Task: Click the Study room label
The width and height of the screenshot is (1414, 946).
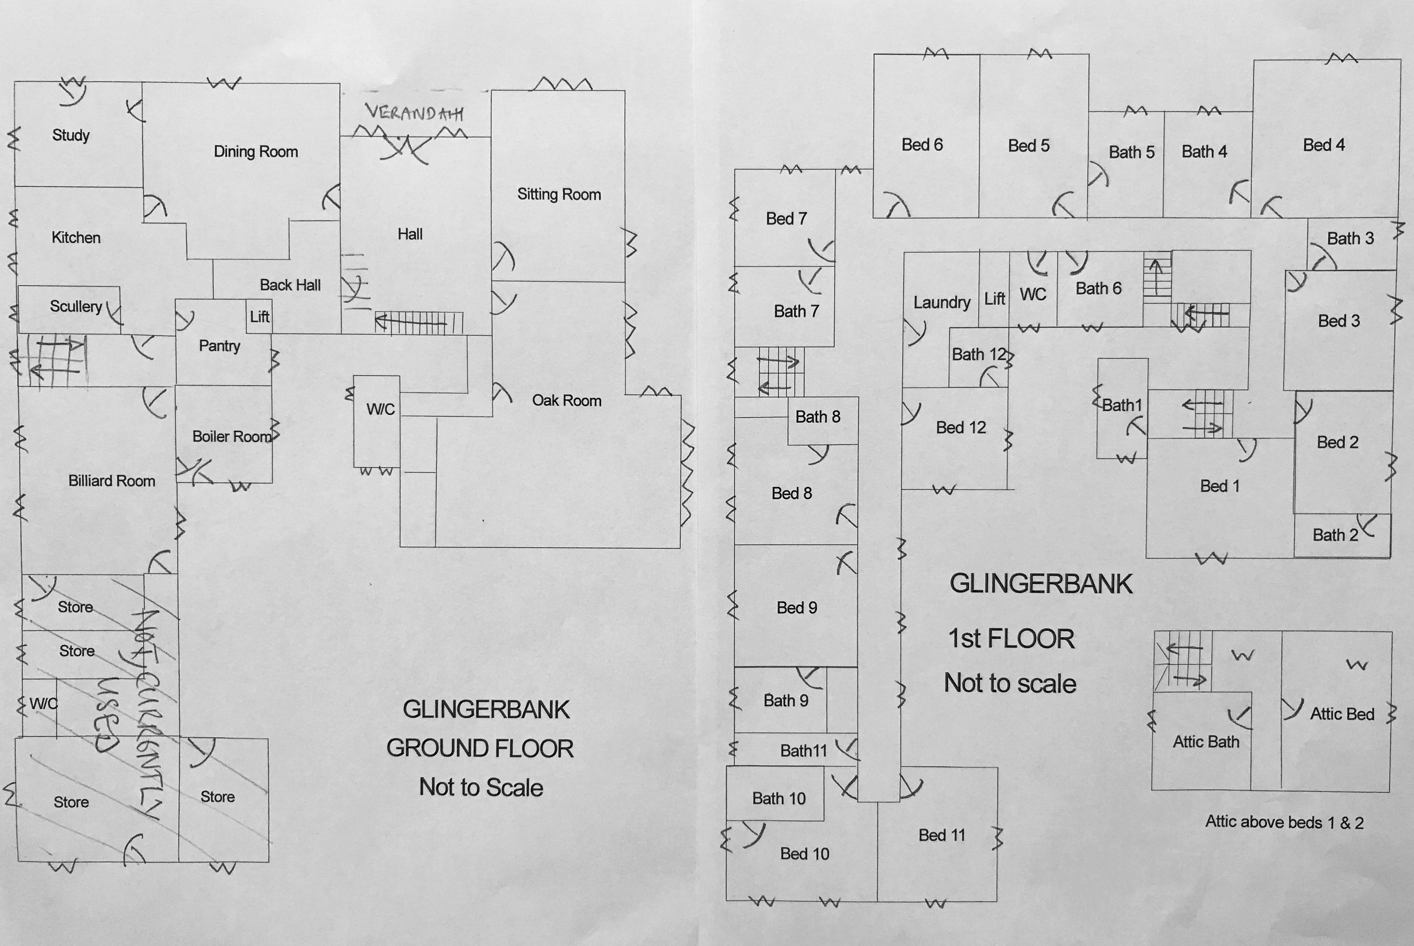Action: coord(71,135)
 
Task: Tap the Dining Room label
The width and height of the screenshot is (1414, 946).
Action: coord(256,151)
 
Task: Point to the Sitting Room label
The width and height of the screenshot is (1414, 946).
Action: coord(559,194)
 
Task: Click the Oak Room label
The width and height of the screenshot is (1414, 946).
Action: coord(567,401)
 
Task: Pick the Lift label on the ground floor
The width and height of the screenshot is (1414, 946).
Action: coord(260,317)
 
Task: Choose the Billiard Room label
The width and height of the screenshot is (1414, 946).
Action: coord(112,481)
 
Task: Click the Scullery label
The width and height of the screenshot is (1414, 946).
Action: coord(76,307)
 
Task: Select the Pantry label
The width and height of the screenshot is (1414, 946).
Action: coord(219,346)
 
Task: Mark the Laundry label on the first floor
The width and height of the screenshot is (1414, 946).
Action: coord(942,302)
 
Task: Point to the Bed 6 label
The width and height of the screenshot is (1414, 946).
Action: coord(922,145)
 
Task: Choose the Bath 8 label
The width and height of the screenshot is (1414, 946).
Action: coord(818,417)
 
